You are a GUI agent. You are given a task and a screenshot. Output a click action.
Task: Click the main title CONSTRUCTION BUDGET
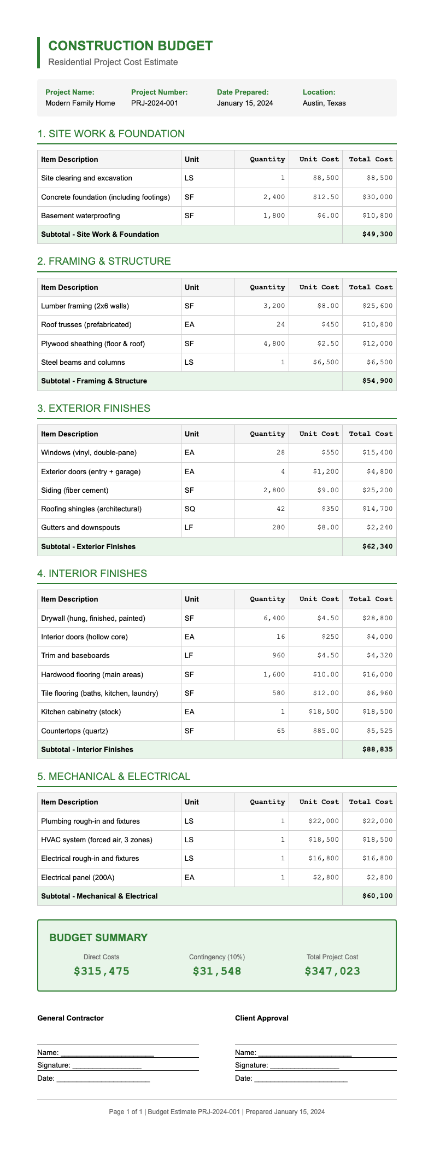(x=130, y=46)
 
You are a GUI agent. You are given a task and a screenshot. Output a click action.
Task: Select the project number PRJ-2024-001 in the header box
(x=155, y=103)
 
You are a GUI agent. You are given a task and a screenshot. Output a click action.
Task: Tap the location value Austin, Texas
(x=324, y=103)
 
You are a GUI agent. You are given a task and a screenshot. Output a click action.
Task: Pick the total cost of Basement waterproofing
(x=377, y=215)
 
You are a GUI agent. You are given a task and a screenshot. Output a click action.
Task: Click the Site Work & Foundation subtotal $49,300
(x=377, y=234)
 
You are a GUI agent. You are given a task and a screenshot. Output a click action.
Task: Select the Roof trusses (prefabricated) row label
(x=86, y=324)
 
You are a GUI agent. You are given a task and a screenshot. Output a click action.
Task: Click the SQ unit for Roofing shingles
(x=189, y=509)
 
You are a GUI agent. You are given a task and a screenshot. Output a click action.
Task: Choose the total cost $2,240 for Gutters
(x=379, y=527)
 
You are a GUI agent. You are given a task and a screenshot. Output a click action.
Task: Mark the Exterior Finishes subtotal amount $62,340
(x=377, y=546)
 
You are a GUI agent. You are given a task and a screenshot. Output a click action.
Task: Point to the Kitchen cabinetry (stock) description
(x=81, y=712)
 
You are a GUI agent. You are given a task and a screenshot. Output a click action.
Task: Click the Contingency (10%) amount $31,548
(x=217, y=971)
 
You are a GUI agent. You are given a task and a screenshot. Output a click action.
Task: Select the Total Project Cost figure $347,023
(x=332, y=971)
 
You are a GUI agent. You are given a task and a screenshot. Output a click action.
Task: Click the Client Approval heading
(x=262, y=1018)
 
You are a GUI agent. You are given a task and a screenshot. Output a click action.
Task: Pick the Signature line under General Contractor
(x=90, y=1065)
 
